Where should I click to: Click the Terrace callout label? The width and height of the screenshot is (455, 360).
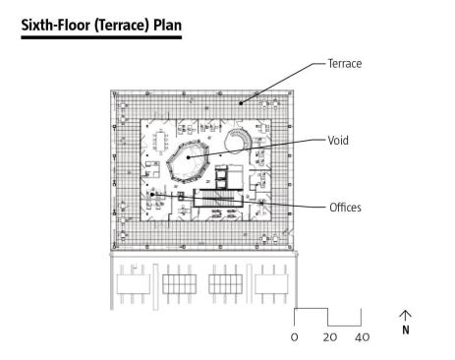coord(345,63)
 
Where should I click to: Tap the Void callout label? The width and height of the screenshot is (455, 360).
coord(338,141)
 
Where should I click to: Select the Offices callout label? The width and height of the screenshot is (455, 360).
coord(345,208)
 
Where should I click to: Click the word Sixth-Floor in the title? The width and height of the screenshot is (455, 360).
coord(56,25)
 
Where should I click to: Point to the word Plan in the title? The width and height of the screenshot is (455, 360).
coord(167,25)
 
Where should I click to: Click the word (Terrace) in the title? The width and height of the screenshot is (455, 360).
coord(122,26)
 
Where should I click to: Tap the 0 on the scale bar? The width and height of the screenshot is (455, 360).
coord(294,337)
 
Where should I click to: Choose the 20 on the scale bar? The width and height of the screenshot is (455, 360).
coord(330,337)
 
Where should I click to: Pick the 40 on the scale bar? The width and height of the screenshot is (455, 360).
coord(362,337)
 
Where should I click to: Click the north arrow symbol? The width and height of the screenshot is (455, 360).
coord(405,316)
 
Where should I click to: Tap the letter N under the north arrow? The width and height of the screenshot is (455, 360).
coord(406,330)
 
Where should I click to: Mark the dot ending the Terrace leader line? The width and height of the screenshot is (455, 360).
coord(241,103)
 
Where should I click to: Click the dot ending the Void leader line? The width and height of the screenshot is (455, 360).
coord(189,157)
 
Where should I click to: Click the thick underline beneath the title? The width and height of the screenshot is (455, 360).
coord(101,37)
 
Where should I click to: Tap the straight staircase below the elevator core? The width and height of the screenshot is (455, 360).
coord(217,198)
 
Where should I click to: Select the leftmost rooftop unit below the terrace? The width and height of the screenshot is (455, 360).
coord(134,284)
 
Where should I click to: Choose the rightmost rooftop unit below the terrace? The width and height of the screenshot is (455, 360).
coord(271,284)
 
